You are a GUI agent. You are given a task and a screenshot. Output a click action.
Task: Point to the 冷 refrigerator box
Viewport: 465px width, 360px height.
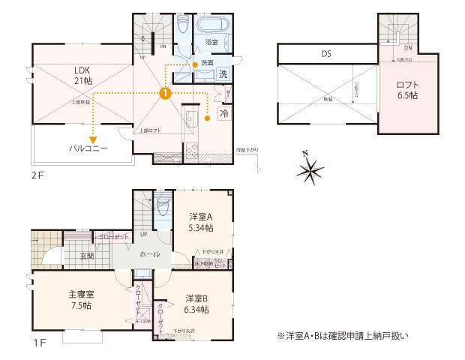click(223, 113)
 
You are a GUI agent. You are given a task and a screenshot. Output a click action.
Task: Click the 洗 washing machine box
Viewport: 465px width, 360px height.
click(223, 74)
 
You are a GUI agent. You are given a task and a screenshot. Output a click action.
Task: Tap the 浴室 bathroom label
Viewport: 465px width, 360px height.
click(211, 43)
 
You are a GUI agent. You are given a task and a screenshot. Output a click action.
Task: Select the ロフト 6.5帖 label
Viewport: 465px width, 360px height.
click(407, 90)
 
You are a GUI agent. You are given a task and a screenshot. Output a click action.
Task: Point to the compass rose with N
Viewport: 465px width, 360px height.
click(309, 172)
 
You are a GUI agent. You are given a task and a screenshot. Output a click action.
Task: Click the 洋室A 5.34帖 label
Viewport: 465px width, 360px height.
click(199, 222)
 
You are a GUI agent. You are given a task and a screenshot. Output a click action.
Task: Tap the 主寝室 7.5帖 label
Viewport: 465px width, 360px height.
click(75, 300)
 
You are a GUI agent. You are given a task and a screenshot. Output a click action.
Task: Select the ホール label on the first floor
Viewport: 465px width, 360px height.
click(148, 255)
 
